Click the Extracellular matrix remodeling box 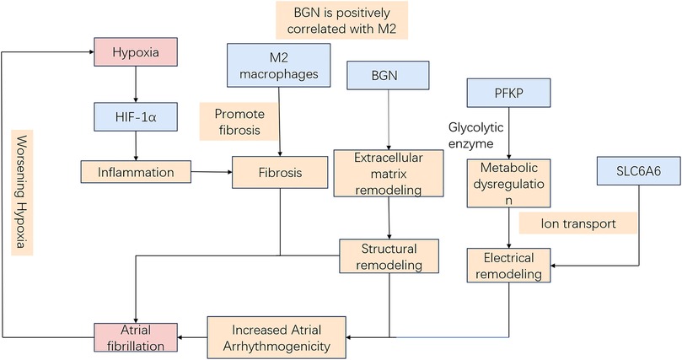tap(389, 172)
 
